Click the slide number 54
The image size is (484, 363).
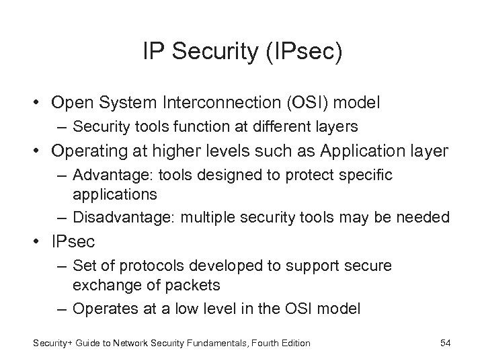pyautogui.click(x=444, y=343)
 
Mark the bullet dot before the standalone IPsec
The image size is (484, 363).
pyautogui.click(x=34, y=240)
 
